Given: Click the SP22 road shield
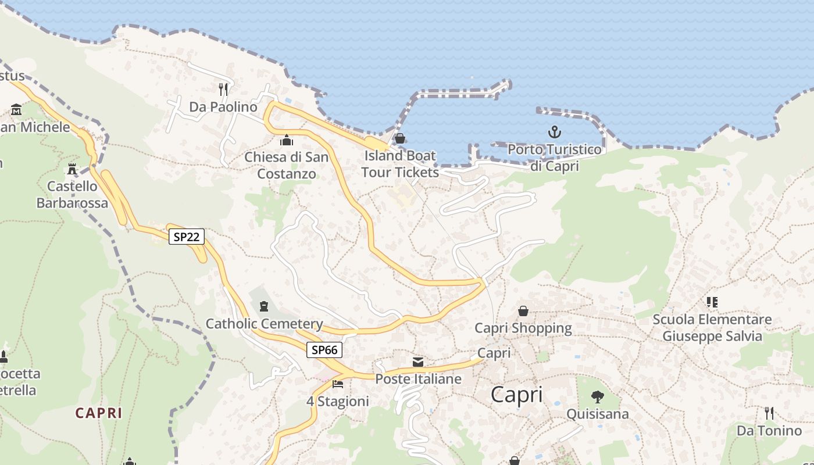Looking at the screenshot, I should click(187, 237).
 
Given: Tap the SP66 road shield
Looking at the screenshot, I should click(324, 349).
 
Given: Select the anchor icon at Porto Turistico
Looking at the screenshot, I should click(555, 132).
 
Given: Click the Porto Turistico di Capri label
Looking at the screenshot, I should click(555, 158).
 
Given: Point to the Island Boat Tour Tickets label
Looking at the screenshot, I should click(400, 164).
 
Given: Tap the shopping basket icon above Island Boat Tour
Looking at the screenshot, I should click(400, 138).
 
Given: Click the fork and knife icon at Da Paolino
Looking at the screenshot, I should click(223, 89).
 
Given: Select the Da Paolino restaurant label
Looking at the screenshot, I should click(223, 107).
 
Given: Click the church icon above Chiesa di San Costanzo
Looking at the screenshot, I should click(287, 140).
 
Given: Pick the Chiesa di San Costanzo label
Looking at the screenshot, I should click(287, 165).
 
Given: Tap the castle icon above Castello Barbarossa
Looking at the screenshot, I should click(72, 169).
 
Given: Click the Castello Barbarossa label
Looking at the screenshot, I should click(72, 195).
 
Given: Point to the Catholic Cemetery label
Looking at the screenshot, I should click(265, 324).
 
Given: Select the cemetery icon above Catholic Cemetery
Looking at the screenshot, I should click(264, 306).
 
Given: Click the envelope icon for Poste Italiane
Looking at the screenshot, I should click(418, 362).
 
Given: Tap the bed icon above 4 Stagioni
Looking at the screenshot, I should click(337, 384).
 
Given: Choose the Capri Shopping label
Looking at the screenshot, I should click(523, 328).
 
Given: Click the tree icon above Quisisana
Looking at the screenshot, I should click(597, 397).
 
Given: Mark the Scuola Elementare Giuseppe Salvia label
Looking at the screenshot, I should click(712, 328).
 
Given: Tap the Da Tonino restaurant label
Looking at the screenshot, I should click(769, 431).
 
